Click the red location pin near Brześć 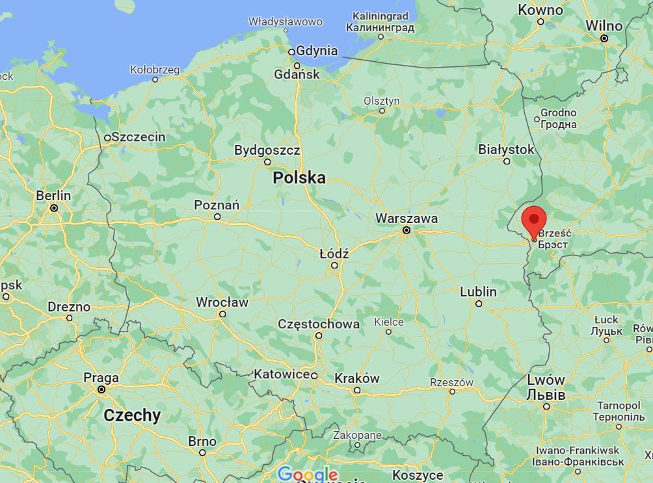534,221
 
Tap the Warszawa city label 406,218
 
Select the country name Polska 299,177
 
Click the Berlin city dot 54,208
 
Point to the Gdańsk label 297,74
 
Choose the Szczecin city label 138,137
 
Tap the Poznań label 217,205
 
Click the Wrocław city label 222,302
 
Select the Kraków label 356,378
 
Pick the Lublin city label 478,292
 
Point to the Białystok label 506,150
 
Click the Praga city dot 101,389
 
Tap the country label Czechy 132,415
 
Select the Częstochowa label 318,324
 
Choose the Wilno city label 604,25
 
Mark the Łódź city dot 334,265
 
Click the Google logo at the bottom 307,475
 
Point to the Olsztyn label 382,101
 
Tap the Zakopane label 357,435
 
